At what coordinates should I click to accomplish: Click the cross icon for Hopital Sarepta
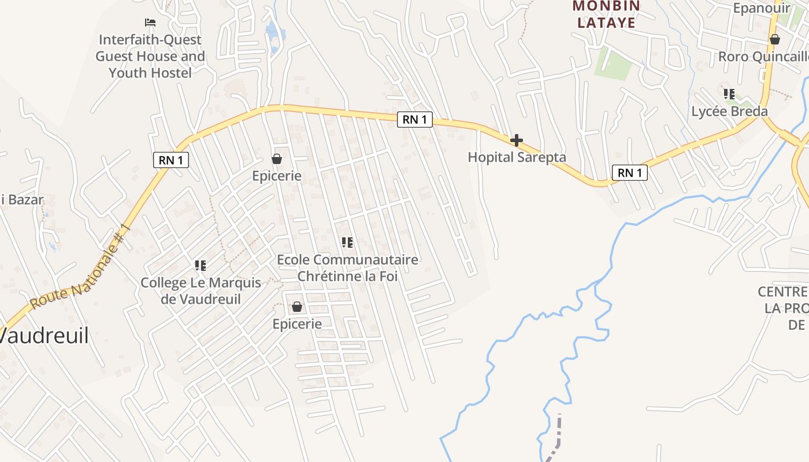[x=516, y=140]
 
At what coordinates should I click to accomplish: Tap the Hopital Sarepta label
[x=517, y=157]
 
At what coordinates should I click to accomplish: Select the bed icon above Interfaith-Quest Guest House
[x=150, y=23]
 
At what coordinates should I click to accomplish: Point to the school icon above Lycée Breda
[x=729, y=94]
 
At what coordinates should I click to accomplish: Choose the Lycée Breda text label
[x=729, y=111]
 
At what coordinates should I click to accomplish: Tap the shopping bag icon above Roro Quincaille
[x=774, y=39]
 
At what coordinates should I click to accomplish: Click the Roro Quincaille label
[x=763, y=57]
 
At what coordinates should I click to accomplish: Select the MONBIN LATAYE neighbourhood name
[x=606, y=14]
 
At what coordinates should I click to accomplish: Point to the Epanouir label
[x=761, y=8]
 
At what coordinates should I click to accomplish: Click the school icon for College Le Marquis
[x=201, y=266]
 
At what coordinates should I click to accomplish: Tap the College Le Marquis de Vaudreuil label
[x=201, y=291]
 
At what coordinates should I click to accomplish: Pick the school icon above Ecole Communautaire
[x=347, y=243]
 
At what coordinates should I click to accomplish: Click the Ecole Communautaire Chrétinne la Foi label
[x=347, y=268]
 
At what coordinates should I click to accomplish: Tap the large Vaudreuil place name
[x=44, y=336]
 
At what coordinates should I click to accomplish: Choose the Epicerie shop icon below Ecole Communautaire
[x=297, y=307]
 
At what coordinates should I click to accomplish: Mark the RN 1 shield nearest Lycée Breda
[x=629, y=173]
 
